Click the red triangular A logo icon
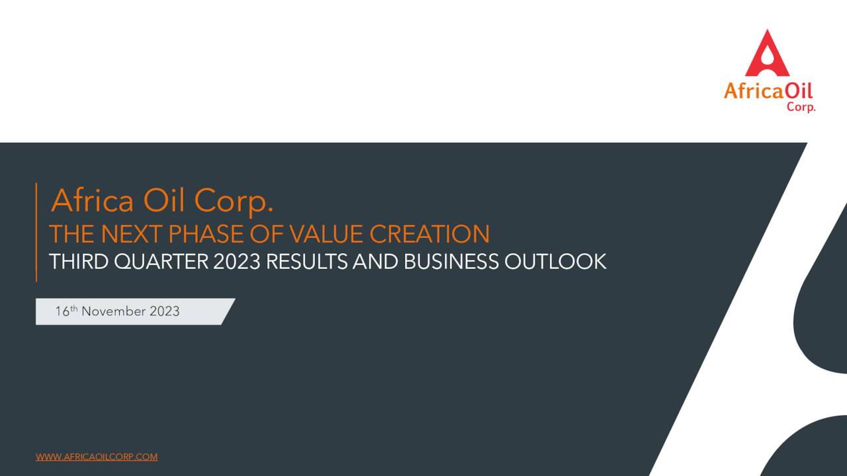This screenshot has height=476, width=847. coord(767,54)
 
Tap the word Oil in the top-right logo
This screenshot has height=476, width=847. coord(799,91)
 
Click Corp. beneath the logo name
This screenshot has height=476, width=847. coord(801,106)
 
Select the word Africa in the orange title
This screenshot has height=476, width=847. coord(92,200)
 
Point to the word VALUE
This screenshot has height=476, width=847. coord(328,234)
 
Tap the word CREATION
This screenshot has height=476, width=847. coord(429,234)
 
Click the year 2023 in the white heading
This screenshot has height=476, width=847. coord(237,262)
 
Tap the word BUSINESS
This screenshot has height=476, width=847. coord(451,262)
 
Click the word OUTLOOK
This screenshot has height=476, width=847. coord(555,262)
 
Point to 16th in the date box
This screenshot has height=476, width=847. coord(66,311)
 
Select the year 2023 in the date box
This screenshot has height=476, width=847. coord(164,311)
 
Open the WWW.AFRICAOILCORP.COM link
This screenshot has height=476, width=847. coord(97,457)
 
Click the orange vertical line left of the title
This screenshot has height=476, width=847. coord(36,232)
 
